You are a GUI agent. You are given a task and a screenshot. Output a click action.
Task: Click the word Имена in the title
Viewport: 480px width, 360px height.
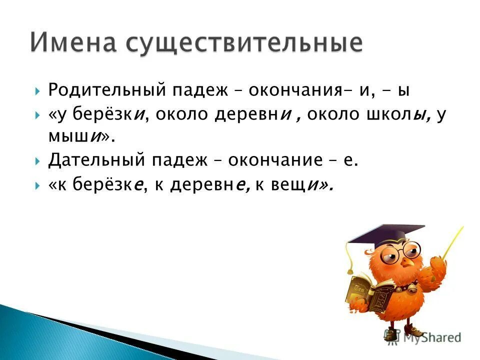pos(72,42)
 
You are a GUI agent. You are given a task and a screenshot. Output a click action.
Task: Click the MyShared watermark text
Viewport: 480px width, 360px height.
pos(427,337)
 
